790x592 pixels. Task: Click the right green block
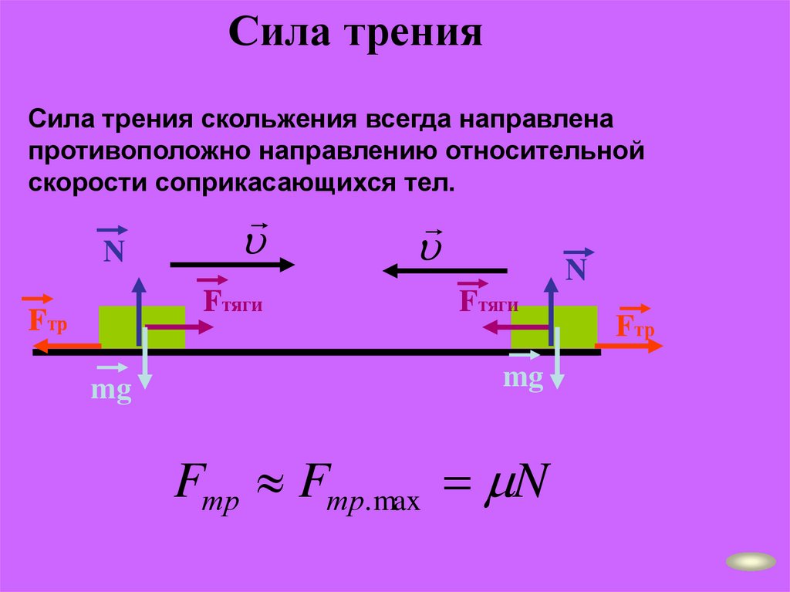pos(576,326)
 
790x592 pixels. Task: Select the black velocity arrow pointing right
pos(231,265)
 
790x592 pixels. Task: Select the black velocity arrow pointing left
pos(445,269)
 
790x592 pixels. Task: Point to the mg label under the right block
pos(523,378)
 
